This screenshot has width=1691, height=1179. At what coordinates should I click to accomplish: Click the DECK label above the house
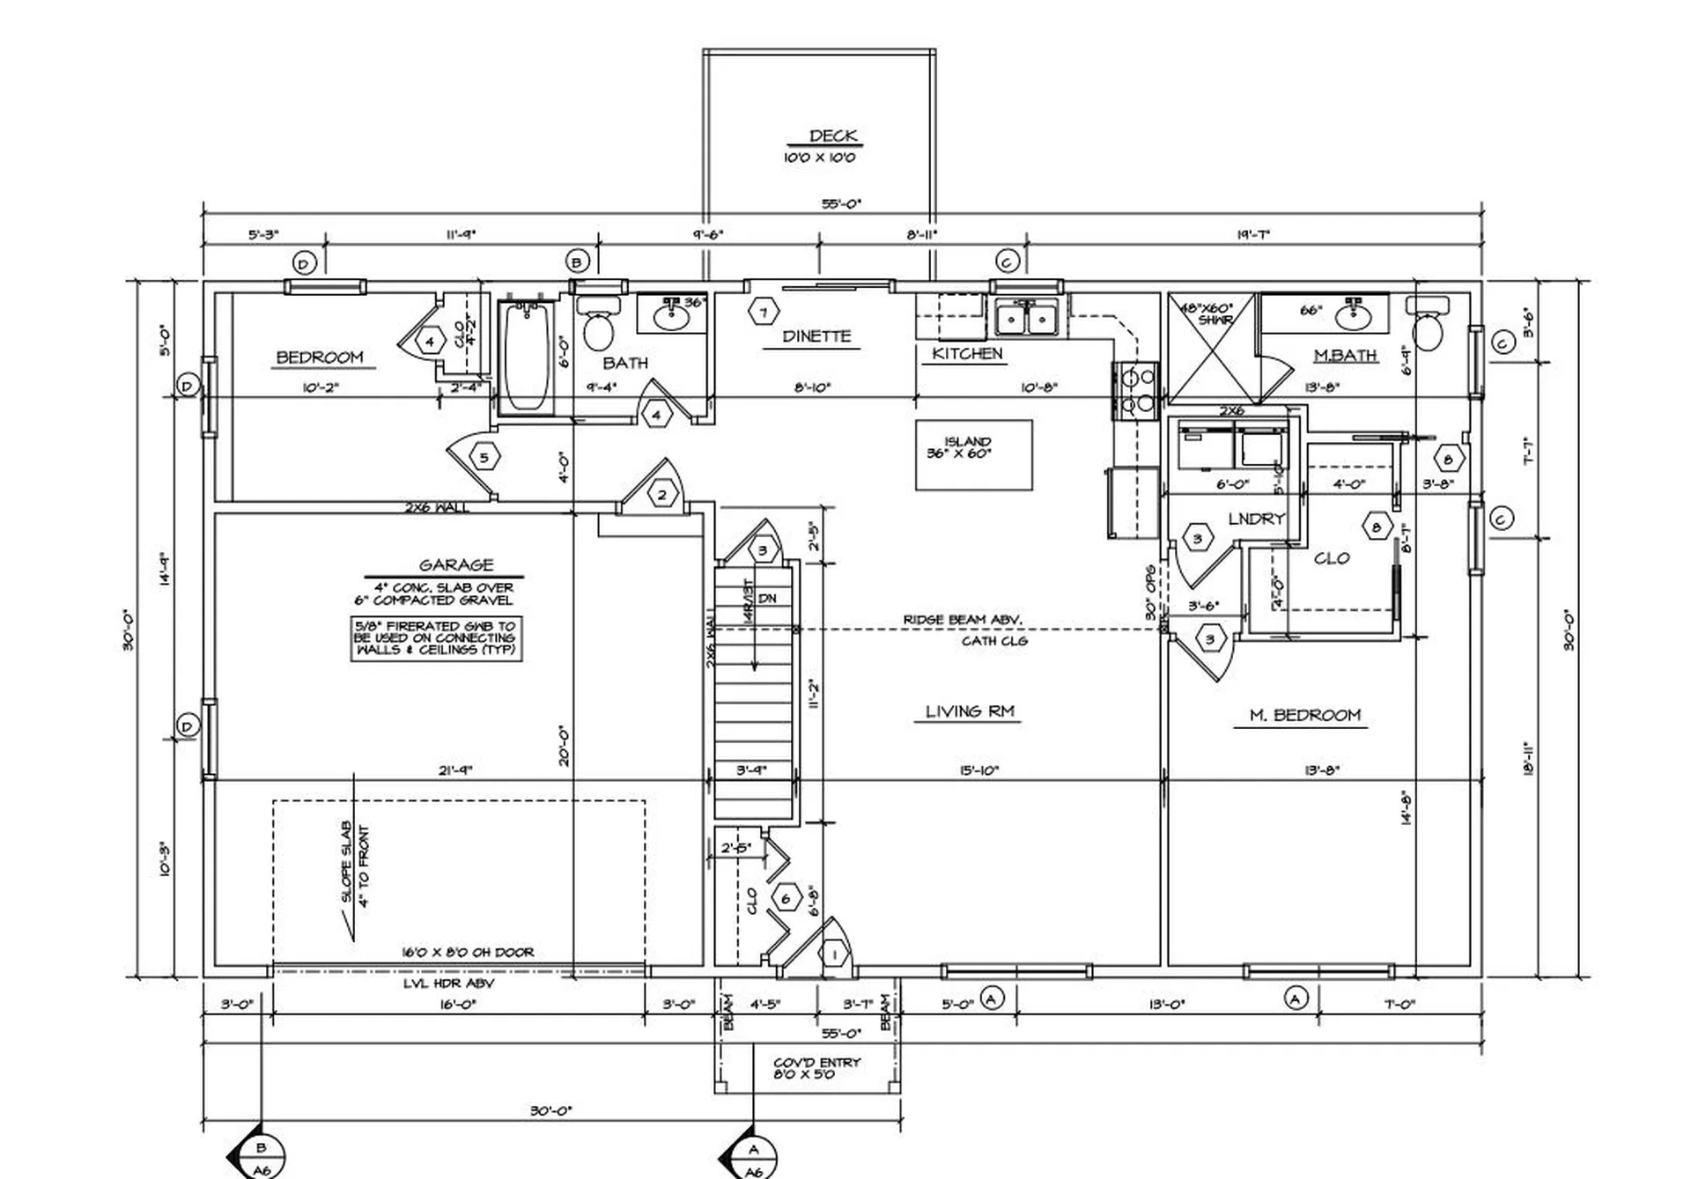[x=832, y=136]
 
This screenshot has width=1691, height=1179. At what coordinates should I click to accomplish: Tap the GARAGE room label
[x=455, y=564]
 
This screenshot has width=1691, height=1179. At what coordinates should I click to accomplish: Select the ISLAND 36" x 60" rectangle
[x=973, y=454]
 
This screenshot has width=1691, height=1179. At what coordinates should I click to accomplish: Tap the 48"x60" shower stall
[x=1210, y=350]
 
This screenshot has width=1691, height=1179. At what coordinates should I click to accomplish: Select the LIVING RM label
[x=969, y=711]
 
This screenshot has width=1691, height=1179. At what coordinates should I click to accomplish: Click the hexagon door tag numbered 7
[x=764, y=312]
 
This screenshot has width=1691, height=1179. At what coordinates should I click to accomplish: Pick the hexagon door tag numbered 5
[x=484, y=457]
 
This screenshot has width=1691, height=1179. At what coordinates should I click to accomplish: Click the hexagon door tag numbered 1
[x=833, y=954]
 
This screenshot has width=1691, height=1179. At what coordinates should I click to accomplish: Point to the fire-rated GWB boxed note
[x=436, y=637]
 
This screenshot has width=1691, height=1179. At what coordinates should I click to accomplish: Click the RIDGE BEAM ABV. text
[x=962, y=620]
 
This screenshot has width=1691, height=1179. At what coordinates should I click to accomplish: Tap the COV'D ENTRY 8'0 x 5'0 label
[x=816, y=1068]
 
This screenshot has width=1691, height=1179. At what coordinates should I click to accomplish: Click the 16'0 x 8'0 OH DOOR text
[x=468, y=952]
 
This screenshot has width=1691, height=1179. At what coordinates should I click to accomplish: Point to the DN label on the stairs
[x=767, y=599]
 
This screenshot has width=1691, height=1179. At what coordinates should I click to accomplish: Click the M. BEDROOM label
[x=1304, y=715]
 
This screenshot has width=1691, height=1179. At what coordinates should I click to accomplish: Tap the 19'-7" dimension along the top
[x=1252, y=235]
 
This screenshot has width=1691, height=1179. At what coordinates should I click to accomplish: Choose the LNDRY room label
[x=1256, y=519]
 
